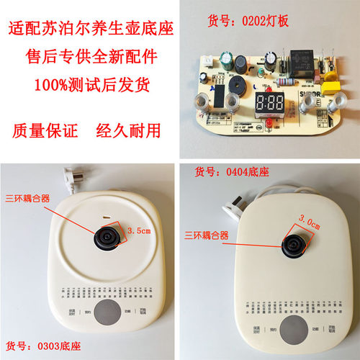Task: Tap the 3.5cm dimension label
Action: coord(138,231)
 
